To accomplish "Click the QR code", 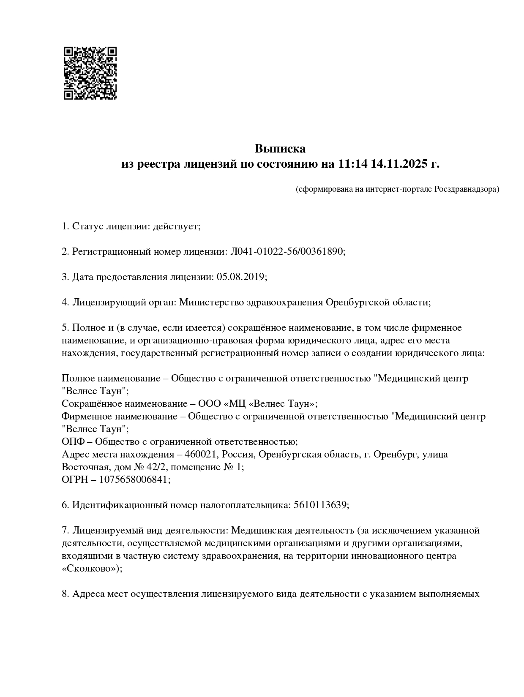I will pyautogui.click(x=90, y=73).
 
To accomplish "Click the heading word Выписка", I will pyautogui.click(x=280, y=149).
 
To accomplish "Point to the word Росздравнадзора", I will pyautogui.click(x=467, y=189).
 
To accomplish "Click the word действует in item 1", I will pyautogui.click(x=176, y=226).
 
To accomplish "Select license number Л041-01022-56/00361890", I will pyautogui.click(x=287, y=252).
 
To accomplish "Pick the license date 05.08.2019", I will pyautogui.click(x=241, y=277).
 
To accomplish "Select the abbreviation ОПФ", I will pyautogui.click(x=73, y=442).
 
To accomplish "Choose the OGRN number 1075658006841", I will pyautogui.click(x=134, y=480).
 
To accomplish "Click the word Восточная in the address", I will pyautogui.click(x=83, y=467).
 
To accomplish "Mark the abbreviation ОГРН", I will pyautogui.click(x=74, y=480).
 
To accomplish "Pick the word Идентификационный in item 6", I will pyautogui.click(x=120, y=505).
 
